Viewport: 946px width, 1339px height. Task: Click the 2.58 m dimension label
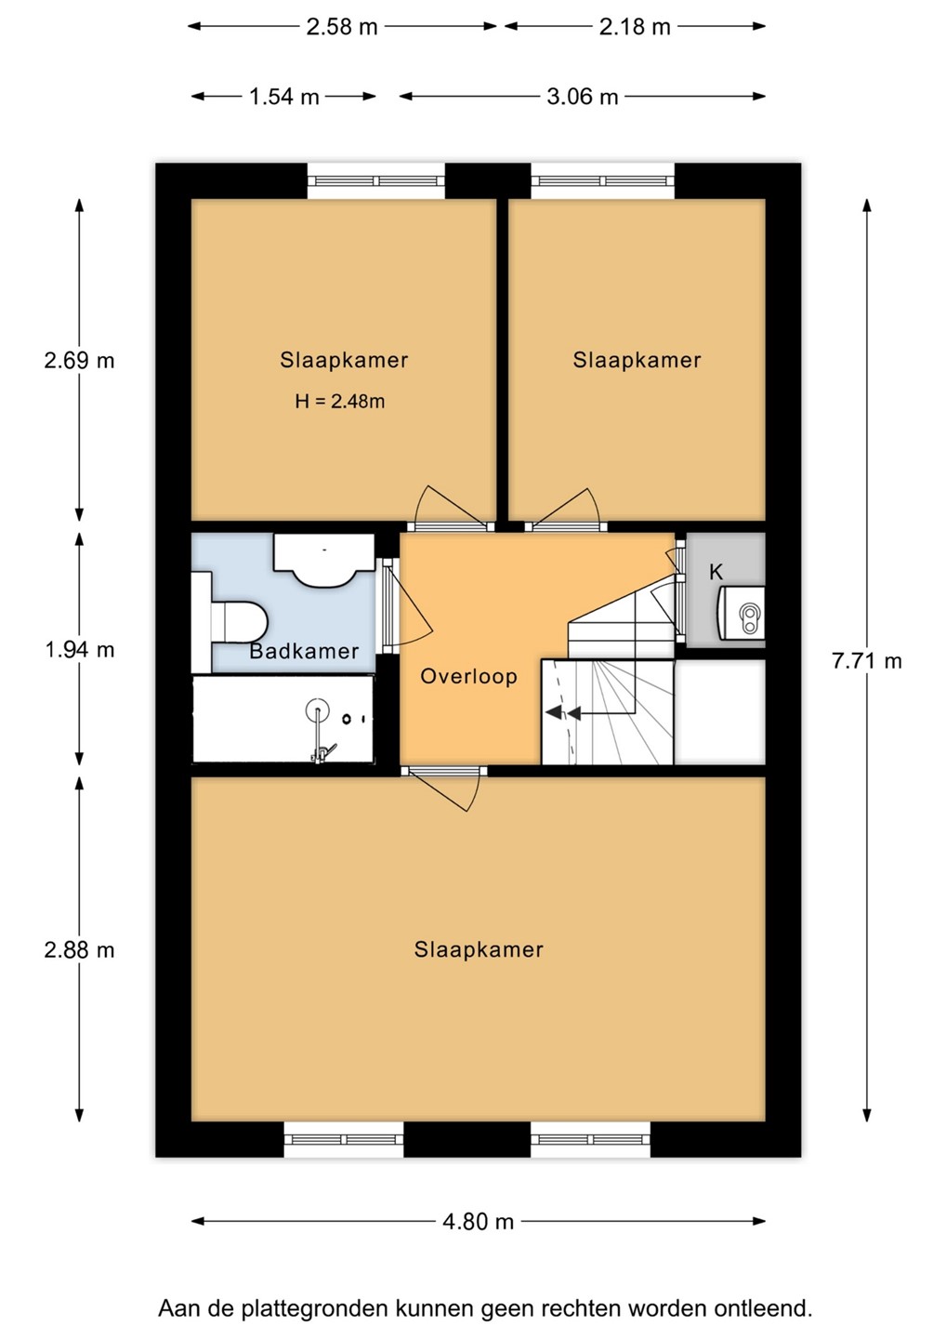coord(342,27)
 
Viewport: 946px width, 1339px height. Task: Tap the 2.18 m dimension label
coord(635,27)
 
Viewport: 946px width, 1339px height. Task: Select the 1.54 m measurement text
coord(283,97)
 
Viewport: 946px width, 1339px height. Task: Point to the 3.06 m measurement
coord(583,97)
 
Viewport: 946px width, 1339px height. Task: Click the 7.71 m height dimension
coord(867,661)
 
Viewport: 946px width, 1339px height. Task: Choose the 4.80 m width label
coord(478,1222)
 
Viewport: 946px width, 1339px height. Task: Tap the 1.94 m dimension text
coord(79,650)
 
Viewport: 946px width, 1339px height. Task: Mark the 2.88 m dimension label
coord(79,950)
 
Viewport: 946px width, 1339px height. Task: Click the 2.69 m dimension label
coord(79,361)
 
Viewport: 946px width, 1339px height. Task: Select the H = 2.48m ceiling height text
coord(340,401)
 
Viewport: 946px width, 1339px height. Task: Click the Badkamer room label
coord(304,651)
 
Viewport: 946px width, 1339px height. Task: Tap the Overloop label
coord(469,677)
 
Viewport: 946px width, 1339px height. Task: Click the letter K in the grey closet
coord(716,572)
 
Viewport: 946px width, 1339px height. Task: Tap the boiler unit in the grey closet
coord(742,614)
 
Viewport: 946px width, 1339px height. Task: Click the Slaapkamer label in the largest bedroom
coord(479,950)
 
